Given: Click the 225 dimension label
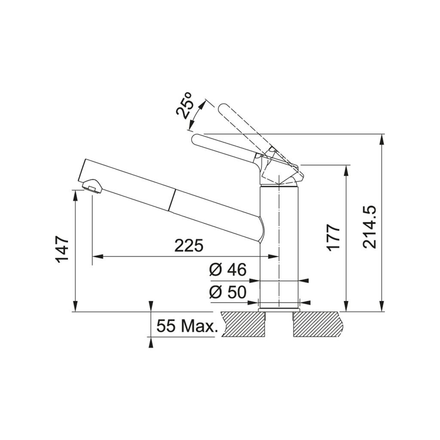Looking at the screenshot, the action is click(189, 246).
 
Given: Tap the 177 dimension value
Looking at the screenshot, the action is click(333, 237).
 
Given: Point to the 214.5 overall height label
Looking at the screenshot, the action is click(369, 227).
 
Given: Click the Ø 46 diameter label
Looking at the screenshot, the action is click(228, 270).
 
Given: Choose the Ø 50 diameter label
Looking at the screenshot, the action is click(228, 292).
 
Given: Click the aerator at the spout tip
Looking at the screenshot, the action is click(92, 186).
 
